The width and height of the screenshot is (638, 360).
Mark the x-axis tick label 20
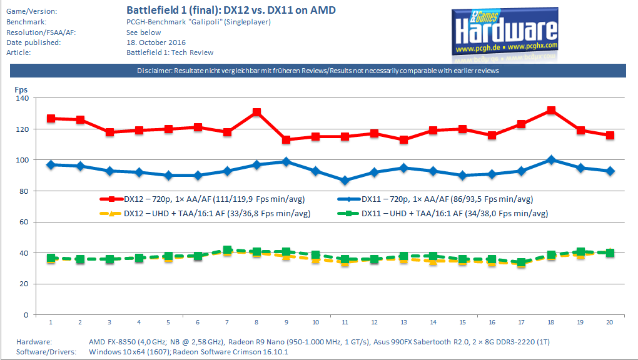(x=610, y=322)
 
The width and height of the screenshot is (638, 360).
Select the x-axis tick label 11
(x=345, y=322)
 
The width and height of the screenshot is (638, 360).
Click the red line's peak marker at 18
(x=551, y=111)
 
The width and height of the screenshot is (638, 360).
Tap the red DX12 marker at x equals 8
(x=256, y=112)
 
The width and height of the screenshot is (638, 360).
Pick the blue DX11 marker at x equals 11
(x=345, y=181)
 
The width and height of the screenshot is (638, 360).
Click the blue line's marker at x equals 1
(x=51, y=165)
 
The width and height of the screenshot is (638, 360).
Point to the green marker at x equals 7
(x=227, y=250)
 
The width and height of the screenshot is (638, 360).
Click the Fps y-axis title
(x=21, y=89)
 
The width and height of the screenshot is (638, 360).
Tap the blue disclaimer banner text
(x=318, y=71)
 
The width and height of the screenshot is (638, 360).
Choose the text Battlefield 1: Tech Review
(x=170, y=52)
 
